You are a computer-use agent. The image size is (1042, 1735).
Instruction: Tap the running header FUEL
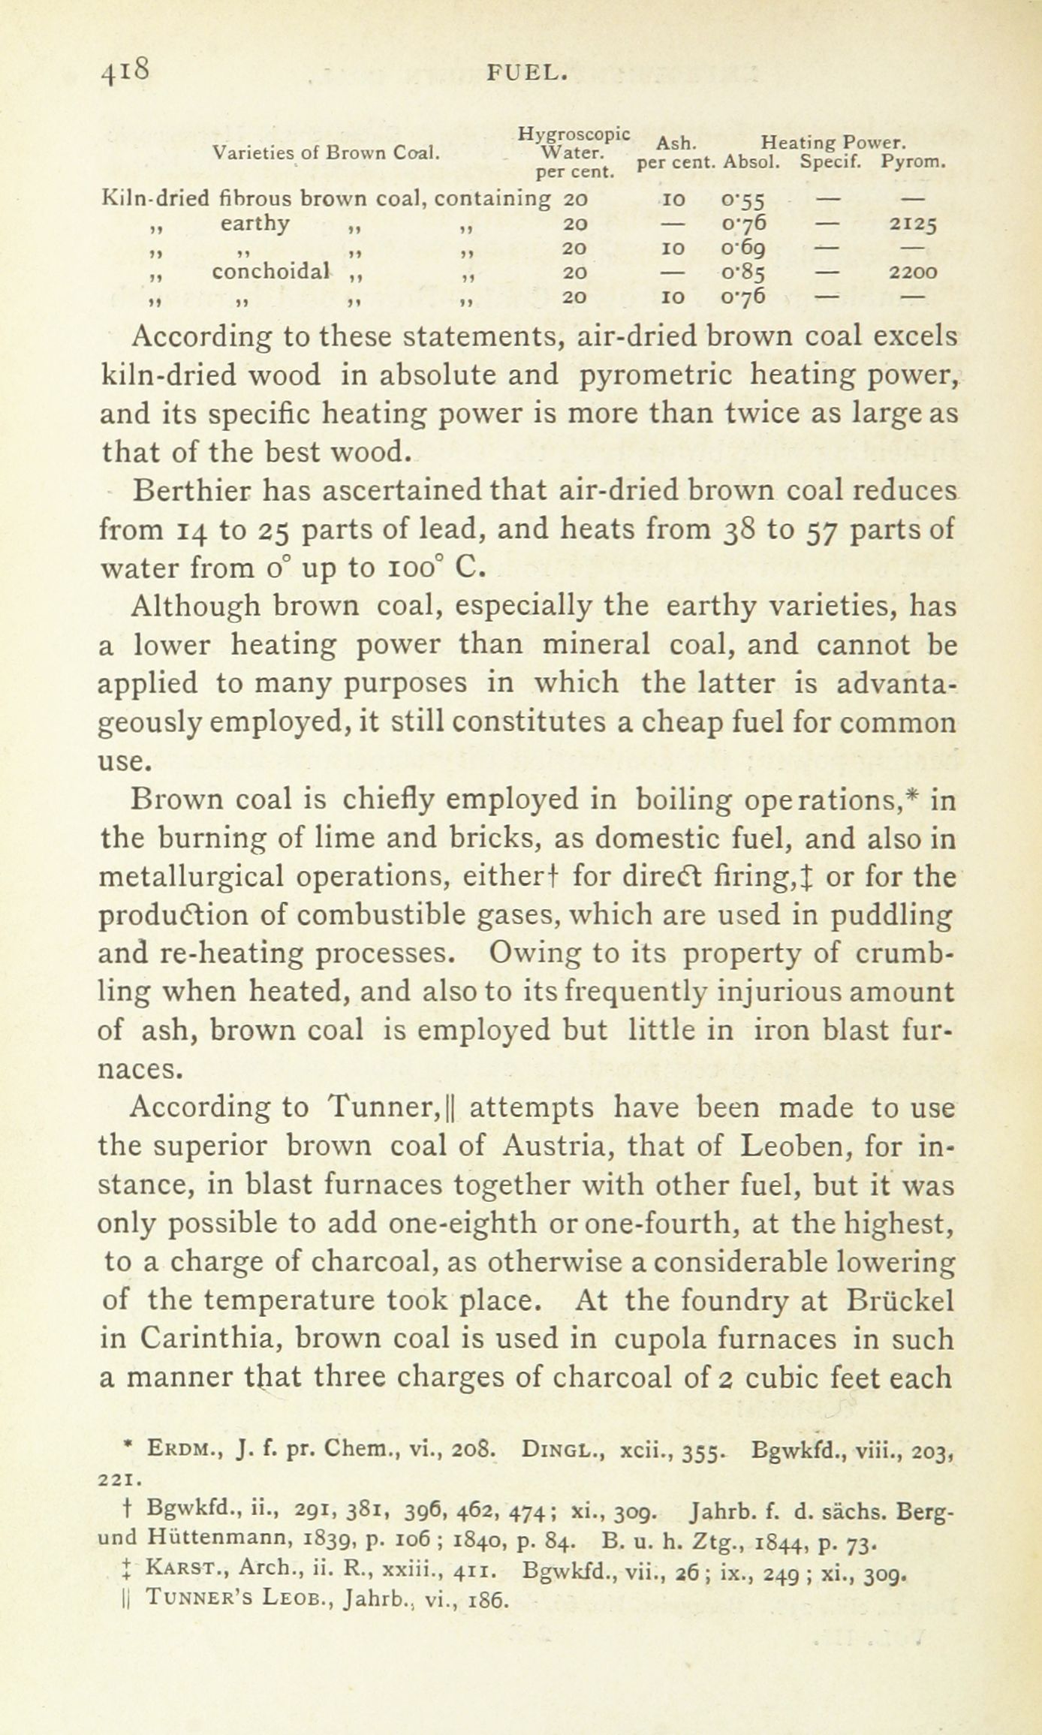(x=525, y=73)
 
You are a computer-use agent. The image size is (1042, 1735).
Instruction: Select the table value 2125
(x=913, y=224)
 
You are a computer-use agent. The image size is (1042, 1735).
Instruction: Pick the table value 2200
(x=913, y=272)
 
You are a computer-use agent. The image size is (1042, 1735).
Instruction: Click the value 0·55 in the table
(x=742, y=200)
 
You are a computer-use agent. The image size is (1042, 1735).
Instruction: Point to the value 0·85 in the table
(x=742, y=272)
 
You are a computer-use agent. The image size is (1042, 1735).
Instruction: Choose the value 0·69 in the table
(x=742, y=248)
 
